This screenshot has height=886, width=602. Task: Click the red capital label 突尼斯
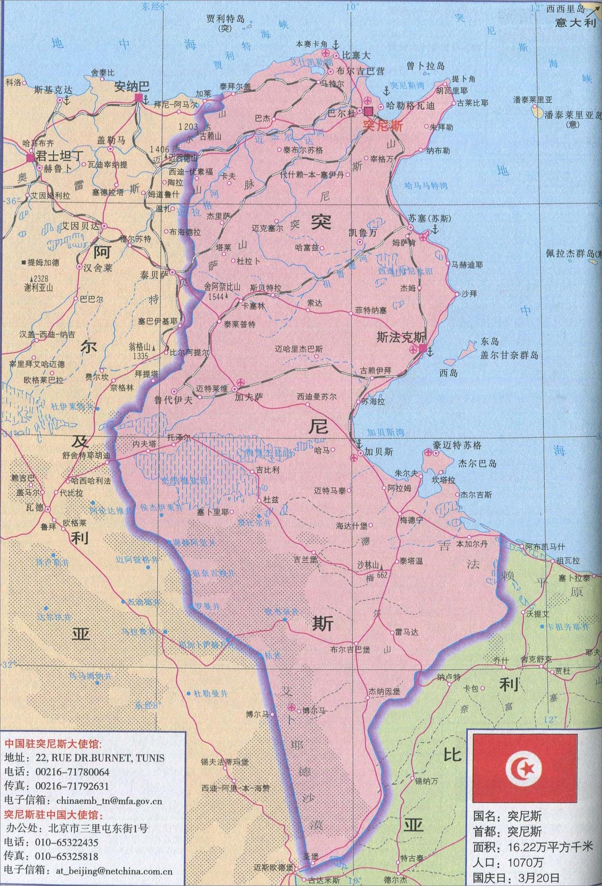click(x=383, y=126)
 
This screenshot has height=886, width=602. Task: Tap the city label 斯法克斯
click(x=400, y=338)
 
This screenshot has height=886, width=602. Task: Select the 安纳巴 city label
click(x=132, y=87)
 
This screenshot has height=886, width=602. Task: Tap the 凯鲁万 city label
click(x=362, y=232)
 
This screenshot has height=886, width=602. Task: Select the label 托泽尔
click(x=179, y=438)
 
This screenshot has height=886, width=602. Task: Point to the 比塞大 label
click(x=356, y=55)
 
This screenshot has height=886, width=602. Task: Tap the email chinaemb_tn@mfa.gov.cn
click(x=109, y=801)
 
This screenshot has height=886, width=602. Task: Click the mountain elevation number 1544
click(x=214, y=296)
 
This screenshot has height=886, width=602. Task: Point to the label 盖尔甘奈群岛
click(x=509, y=355)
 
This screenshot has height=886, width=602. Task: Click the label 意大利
click(x=575, y=23)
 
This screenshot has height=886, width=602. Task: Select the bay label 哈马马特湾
click(x=426, y=186)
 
